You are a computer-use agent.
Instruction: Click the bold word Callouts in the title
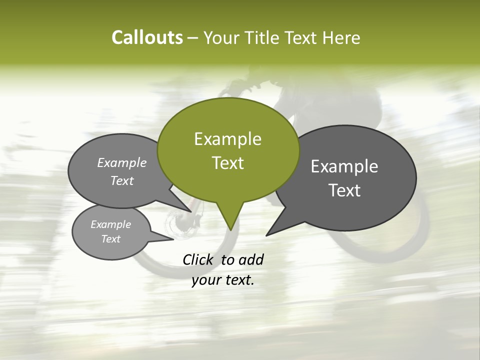tap(147, 38)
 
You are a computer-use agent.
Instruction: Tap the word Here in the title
tap(341, 38)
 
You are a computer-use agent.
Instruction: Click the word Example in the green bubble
tap(227, 139)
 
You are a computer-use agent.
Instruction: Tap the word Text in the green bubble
tap(227, 163)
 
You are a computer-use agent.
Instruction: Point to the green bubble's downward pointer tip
tap(230, 229)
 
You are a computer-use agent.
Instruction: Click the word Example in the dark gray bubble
tap(344, 166)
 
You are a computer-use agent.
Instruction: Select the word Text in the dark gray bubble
tap(344, 190)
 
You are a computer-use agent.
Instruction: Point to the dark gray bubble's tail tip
tap(267, 234)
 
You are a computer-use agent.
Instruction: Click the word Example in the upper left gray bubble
tap(122, 162)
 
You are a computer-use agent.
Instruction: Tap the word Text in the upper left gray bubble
tap(122, 180)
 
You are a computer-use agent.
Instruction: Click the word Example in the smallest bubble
tap(110, 224)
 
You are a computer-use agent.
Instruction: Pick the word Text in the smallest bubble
tap(110, 239)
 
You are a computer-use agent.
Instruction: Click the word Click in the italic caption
tap(198, 260)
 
